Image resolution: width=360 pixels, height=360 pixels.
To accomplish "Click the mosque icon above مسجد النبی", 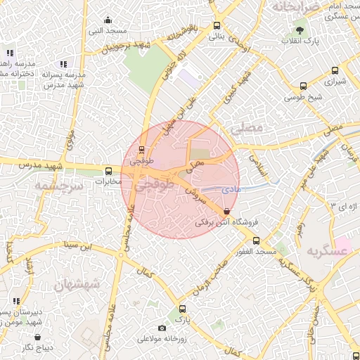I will tap(108, 20).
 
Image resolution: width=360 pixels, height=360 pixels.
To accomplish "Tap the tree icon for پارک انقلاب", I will tap(300, 30).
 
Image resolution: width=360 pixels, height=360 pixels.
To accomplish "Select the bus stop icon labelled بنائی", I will tap(217, 26).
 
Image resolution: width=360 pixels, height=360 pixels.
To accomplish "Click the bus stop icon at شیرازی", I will tap(334, 70).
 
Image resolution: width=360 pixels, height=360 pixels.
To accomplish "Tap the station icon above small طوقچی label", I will tap(142, 149).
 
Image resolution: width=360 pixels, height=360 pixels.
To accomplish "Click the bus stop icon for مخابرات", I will tap(108, 171).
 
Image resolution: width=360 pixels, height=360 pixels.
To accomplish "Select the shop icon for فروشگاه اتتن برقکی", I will tap(226, 211).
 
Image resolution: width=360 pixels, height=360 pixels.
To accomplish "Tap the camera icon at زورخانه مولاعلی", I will tap(162, 328).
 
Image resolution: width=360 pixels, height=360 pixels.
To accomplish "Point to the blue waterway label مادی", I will tap(230, 189).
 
